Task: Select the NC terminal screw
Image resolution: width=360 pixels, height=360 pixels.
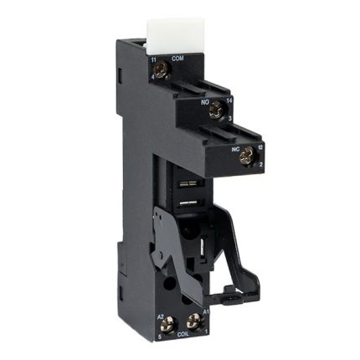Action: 245,153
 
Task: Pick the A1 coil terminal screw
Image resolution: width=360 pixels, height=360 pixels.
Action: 195,319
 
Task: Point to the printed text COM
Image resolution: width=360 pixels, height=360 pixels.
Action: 177,59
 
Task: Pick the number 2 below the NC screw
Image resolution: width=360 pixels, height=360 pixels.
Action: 260,167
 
